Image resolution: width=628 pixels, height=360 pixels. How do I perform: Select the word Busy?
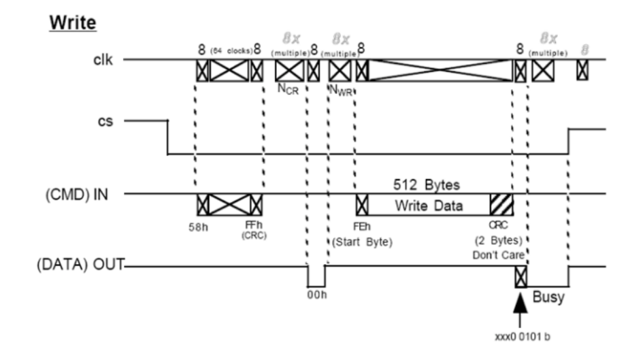pyautogui.click(x=548, y=297)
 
